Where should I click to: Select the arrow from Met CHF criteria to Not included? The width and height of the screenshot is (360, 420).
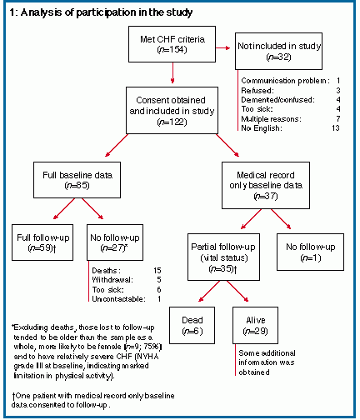point(223,48)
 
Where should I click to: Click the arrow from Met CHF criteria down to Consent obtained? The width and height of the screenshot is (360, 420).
point(172,72)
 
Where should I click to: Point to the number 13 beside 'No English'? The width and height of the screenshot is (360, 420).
point(336,128)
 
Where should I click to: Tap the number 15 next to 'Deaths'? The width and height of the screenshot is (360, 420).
point(157,271)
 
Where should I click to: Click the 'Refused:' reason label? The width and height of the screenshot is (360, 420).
point(257,91)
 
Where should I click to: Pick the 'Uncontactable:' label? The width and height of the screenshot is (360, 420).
point(118,299)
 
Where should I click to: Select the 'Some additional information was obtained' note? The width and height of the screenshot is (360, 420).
point(267,362)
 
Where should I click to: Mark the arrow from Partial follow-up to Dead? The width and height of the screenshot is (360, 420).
point(209,291)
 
